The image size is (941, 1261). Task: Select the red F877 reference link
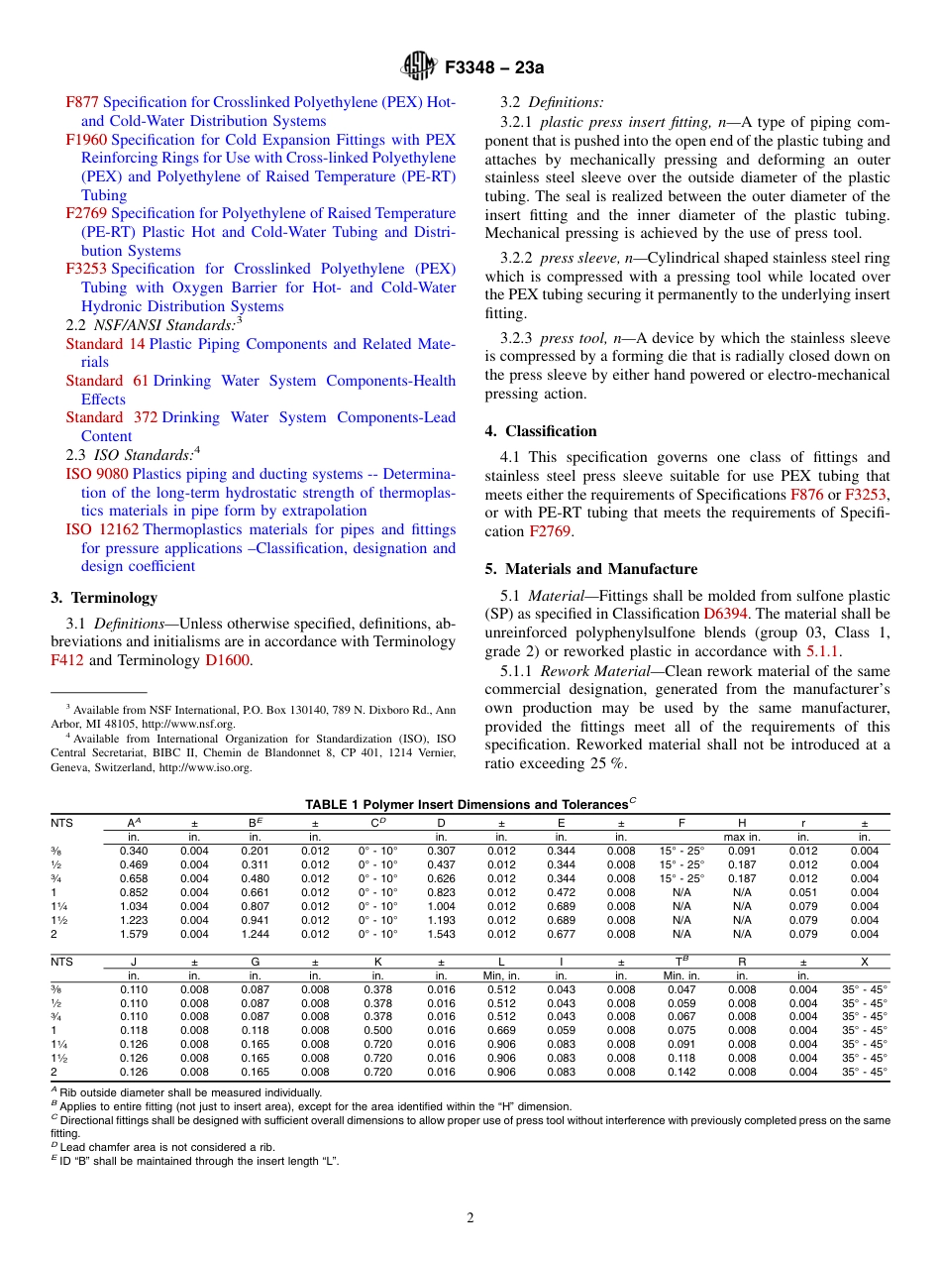(x=82, y=102)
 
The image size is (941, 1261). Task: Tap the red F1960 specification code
(x=86, y=140)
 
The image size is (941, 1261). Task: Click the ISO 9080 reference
(x=96, y=474)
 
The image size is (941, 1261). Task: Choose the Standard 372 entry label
(x=111, y=417)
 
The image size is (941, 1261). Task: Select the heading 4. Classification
(x=541, y=431)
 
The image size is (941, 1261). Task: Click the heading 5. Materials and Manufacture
(x=590, y=569)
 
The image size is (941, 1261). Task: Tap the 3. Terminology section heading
(x=104, y=598)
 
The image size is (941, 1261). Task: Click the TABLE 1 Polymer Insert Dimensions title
(x=470, y=804)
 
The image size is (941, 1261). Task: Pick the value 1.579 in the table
(x=134, y=934)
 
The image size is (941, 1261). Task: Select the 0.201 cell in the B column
(x=256, y=851)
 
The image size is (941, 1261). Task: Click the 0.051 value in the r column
(x=803, y=892)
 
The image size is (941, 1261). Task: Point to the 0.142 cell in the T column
(x=681, y=1072)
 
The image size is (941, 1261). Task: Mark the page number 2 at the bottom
(x=470, y=1218)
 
